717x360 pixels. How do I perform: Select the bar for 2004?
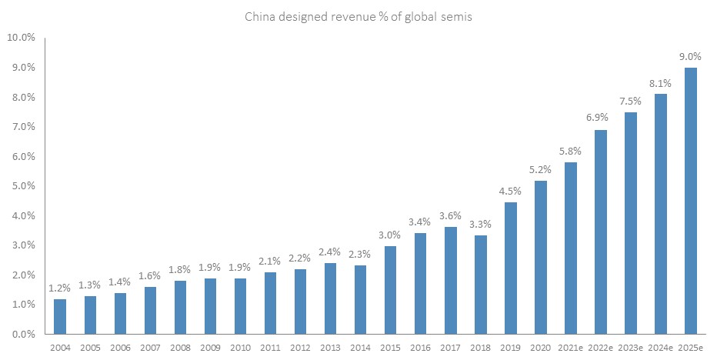60,317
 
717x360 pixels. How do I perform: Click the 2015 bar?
391,290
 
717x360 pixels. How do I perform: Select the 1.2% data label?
60,288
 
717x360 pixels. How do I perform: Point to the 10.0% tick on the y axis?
22,38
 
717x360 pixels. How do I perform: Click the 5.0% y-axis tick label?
23,186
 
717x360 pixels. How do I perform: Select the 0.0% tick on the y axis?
23,335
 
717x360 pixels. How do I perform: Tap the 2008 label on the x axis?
180,348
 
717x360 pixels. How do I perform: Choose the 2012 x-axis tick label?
301,348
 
